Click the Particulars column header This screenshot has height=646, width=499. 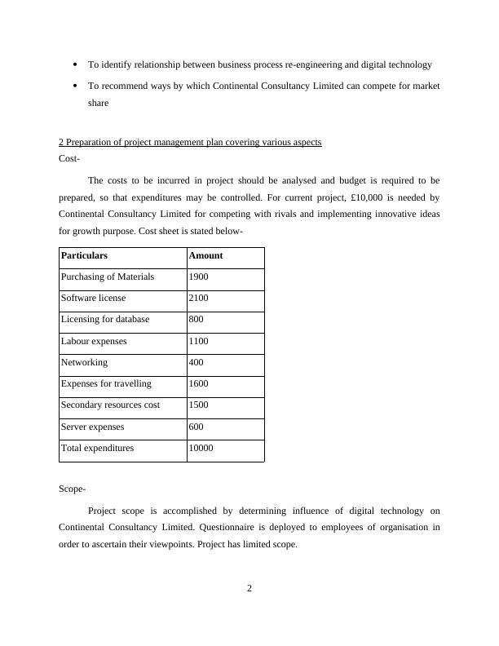coord(84,255)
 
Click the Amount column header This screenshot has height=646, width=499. coord(205,255)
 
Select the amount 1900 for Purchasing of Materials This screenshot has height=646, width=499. coord(199,277)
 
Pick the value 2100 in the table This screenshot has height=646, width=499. coord(199,299)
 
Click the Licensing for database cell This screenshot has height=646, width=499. coord(105,320)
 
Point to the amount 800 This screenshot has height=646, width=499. coord(197,320)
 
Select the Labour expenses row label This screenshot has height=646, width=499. coord(94,341)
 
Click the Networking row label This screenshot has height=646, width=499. coord(84,362)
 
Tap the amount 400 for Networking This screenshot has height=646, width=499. coord(197,362)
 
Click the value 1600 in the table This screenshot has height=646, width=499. coord(199,383)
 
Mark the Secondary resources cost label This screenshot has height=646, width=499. coord(110,405)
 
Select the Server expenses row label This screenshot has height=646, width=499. coord(93,427)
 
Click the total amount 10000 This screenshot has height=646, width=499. coord(201,448)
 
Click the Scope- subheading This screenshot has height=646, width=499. coord(73,489)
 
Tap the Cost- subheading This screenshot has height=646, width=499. coord(70,158)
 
